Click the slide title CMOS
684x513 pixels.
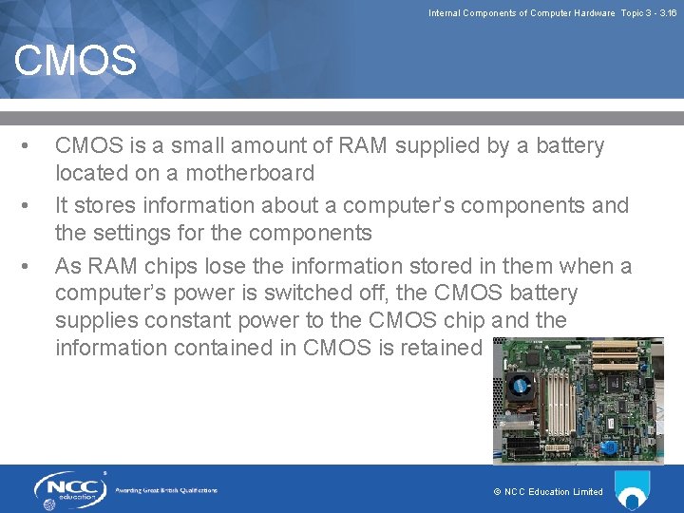(x=75, y=62)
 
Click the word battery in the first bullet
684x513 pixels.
(x=568, y=146)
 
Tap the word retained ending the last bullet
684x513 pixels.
(x=441, y=349)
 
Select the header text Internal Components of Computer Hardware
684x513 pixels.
(x=522, y=13)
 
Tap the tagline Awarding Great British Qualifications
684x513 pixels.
(x=166, y=490)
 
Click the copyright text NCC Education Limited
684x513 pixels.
(x=548, y=492)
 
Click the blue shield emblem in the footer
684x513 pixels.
(x=633, y=489)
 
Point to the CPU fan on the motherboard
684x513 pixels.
(x=519, y=386)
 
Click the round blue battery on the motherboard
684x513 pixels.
(x=609, y=447)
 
